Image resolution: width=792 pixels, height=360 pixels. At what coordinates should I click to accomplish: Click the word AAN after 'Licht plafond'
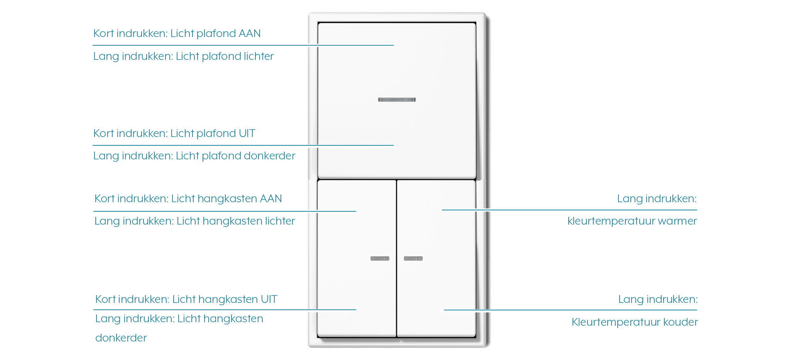pos(250,34)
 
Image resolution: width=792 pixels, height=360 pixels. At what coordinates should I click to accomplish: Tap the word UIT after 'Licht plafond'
pos(247,134)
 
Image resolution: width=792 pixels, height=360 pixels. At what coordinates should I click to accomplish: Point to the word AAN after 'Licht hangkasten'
pos(271,199)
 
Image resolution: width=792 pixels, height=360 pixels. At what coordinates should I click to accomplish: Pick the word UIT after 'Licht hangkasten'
pos(269,299)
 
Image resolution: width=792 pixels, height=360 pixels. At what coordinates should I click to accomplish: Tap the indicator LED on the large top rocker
pos(397,100)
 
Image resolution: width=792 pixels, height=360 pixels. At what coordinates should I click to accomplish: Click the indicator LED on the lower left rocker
pos(380,259)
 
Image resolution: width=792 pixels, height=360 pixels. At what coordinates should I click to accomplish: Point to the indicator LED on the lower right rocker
pos(413,259)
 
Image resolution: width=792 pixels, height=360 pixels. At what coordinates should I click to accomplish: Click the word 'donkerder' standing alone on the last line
pos(121,338)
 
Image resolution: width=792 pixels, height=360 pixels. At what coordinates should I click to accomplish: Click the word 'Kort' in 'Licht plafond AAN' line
pos(103,34)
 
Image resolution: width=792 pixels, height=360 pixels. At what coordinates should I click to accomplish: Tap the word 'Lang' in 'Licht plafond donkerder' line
pos(106,156)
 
